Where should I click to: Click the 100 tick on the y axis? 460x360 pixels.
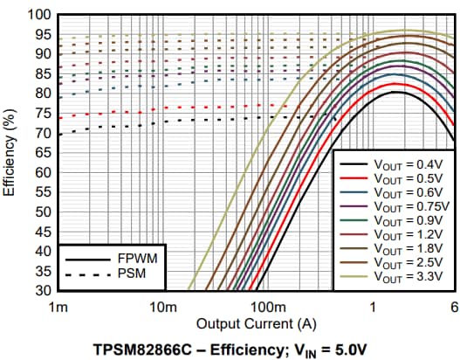pyautogui.click(x=38, y=16)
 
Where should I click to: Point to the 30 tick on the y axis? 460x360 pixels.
pyautogui.click(x=41, y=290)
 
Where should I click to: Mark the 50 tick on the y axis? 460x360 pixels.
pyautogui.click(x=41, y=211)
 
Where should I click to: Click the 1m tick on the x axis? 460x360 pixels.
pyautogui.click(x=59, y=306)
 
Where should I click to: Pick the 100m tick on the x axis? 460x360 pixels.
pyautogui.click(x=267, y=306)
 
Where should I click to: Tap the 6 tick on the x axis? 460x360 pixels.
pyautogui.click(x=453, y=306)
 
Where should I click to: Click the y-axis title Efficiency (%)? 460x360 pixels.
pyautogui.click(x=11, y=153)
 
